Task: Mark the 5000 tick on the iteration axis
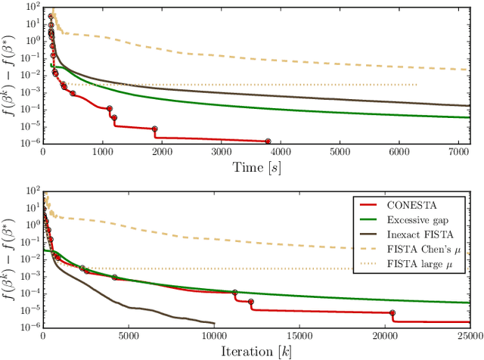[128, 335]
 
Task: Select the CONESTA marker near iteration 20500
[392, 312]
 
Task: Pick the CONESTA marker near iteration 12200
[251, 302]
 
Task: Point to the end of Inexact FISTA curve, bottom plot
[213, 323]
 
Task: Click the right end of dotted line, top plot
[417, 85]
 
